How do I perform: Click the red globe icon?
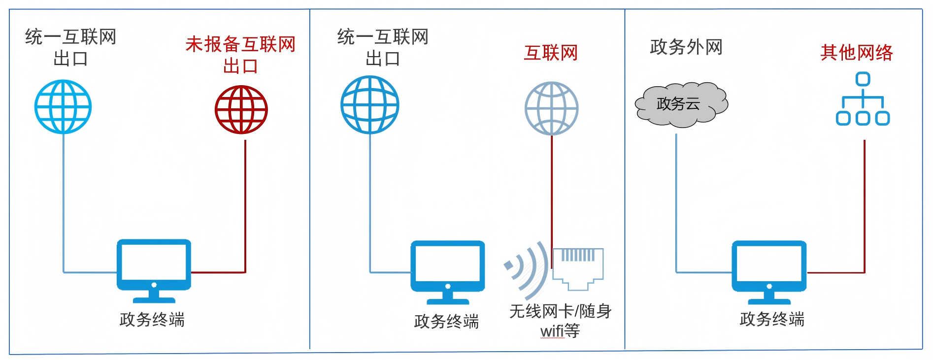point(241,109)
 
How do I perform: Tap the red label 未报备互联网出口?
point(240,55)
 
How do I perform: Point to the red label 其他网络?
point(857,52)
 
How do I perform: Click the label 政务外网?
point(686,47)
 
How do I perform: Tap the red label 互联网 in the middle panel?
point(550,53)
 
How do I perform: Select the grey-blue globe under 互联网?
point(551,108)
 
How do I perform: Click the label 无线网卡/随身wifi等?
point(560,321)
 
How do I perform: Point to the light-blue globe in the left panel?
point(63,107)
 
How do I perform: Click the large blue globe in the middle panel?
point(370,105)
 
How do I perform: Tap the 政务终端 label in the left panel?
point(152,320)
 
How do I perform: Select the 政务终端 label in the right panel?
point(772,319)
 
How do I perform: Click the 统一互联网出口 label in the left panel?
point(71,47)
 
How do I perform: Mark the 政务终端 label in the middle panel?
point(446,322)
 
